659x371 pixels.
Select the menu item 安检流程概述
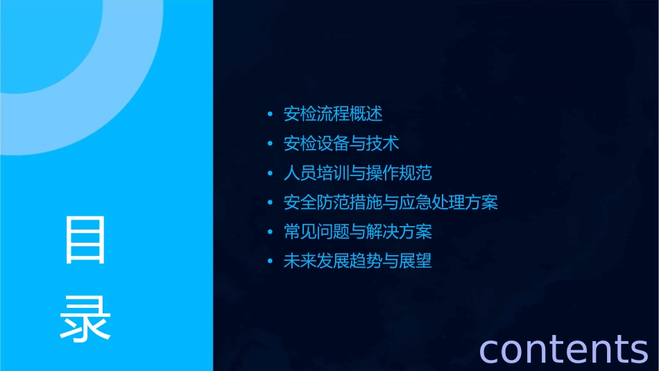333,114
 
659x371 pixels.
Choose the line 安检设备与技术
341,144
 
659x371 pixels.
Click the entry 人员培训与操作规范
358,173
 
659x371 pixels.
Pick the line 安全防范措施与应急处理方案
391,202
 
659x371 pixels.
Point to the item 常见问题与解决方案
358,232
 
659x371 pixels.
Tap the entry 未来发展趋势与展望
358,261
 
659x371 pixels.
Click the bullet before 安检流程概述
270,114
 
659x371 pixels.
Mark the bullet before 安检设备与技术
270,144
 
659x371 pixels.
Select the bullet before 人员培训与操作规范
270,173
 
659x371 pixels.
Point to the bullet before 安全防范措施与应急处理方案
270,203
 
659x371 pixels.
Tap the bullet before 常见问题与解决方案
270,232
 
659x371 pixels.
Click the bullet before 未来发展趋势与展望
270,262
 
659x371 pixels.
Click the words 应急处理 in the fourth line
432,202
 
